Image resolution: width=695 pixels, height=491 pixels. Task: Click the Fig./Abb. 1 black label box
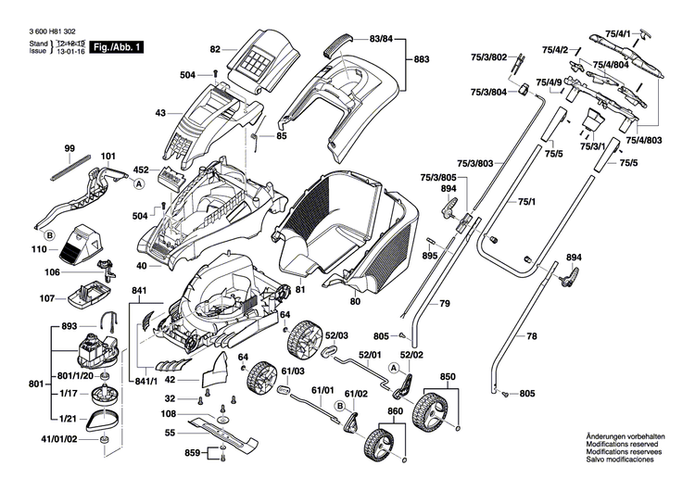pyautogui.click(x=110, y=46)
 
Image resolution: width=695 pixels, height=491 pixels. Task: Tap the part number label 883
pyautogui.click(x=422, y=59)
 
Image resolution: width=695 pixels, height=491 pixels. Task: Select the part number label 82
pyautogui.click(x=215, y=48)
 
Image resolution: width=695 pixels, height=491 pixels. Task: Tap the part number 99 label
pyautogui.click(x=69, y=148)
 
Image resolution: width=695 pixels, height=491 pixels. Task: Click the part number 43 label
pyautogui.click(x=160, y=113)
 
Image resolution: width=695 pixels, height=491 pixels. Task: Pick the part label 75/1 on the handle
pyautogui.click(x=526, y=201)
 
